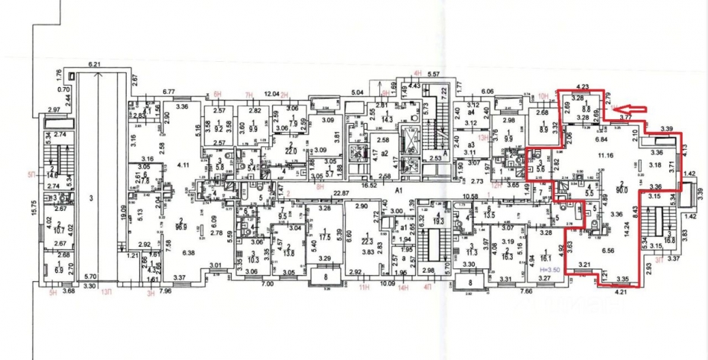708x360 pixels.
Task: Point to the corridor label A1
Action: point(399,191)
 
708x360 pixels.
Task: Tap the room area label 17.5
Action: point(324,238)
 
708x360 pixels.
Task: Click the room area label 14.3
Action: point(385,118)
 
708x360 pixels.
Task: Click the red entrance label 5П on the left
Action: point(31,173)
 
